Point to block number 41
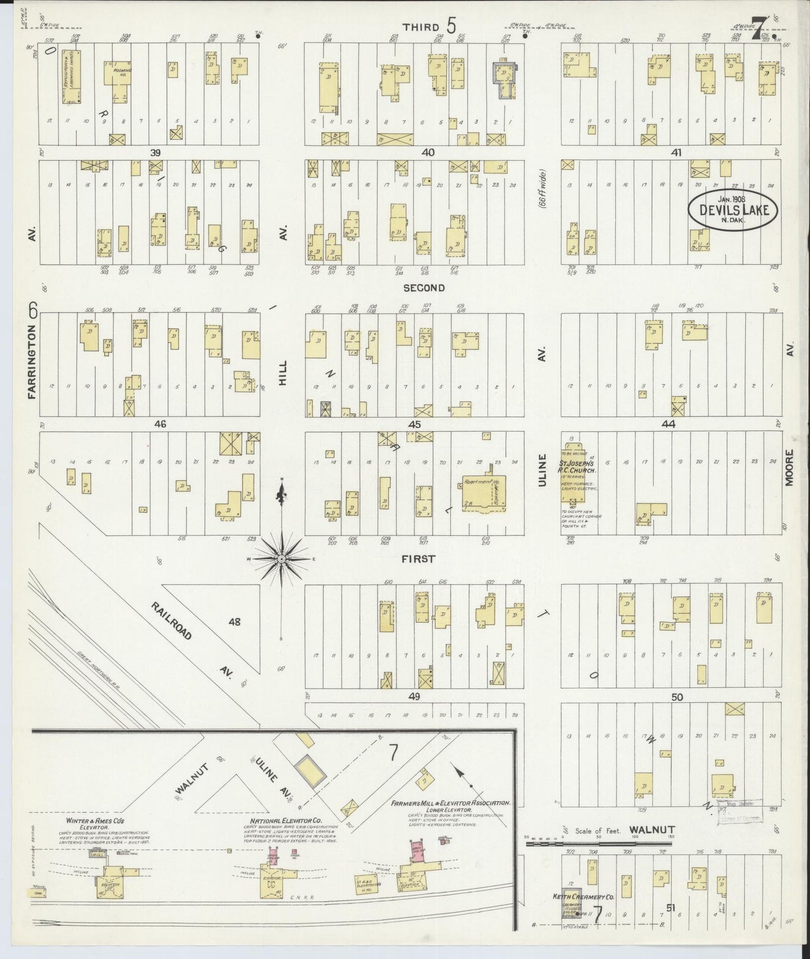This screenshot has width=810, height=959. [x=676, y=153]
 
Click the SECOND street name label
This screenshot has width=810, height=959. [x=424, y=288]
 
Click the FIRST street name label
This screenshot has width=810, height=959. [x=418, y=559]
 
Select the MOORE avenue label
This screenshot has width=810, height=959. [x=789, y=467]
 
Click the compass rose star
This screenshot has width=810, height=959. [x=281, y=559]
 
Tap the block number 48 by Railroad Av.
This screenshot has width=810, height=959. [x=234, y=621]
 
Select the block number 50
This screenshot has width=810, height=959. [x=677, y=697]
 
